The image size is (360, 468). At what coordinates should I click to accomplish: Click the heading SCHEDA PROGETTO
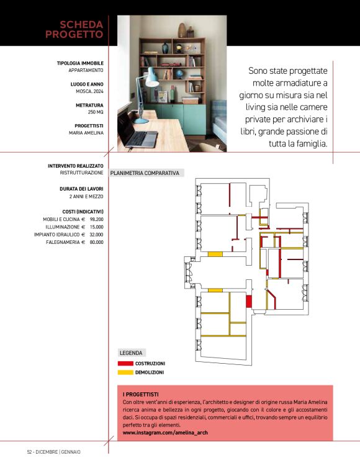tap(74, 29)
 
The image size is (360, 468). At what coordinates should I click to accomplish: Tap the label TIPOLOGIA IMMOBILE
tap(80, 63)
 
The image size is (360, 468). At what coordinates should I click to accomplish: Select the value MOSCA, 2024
tap(86, 91)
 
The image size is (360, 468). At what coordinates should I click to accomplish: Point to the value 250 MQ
tap(95, 112)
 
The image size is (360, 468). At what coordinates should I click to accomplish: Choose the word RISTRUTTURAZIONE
tap(77, 173)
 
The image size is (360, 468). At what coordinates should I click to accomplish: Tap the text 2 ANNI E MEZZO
tap(86, 196)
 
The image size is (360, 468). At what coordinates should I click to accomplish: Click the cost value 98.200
tap(96, 219)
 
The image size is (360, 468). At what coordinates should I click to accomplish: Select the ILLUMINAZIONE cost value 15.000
tap(96, 227)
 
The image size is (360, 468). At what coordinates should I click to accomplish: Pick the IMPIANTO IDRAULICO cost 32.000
tap(96, 235)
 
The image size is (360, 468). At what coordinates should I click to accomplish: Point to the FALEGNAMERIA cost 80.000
tap(96, 242)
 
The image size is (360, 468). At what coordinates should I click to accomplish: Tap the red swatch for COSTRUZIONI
tap(125, 363)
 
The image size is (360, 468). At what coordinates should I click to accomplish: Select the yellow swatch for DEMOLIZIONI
tap(125, 372)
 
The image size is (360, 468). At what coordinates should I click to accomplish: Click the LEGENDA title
tap(131, 353)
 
